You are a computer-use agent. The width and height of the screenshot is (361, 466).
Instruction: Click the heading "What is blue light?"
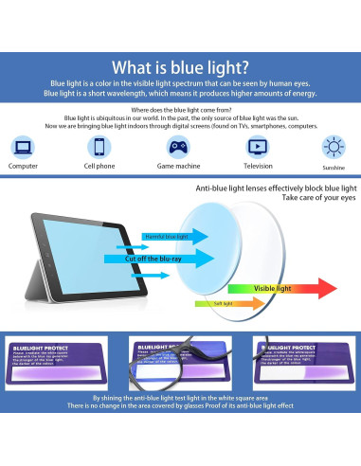pyautogui.click(x=180, y=68)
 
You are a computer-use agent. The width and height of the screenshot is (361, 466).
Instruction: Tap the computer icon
pyautogui.click(x=23, y=147)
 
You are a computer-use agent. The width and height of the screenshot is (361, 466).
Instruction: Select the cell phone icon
pyautogui.click(x=99, y=147)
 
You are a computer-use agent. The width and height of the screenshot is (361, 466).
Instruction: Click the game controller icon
pyautogui.click(x=176, y=147)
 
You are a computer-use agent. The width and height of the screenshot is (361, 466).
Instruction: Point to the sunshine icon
pyautogui.click(x=333, y=147)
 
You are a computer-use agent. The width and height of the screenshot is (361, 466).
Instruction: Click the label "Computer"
pyautogui.click(x=23, y=165)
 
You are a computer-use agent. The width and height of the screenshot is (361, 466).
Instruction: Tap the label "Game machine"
pyautogui.click(x=178, y=165)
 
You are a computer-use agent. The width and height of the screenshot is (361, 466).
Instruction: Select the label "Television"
pyautogui.click(x=259, y=165)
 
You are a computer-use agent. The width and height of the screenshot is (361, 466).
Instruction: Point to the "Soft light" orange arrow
pyautogui.click(x=218, y=303)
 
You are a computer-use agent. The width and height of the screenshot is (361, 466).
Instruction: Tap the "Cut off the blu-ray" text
pyautogui.click(x=156, y=257)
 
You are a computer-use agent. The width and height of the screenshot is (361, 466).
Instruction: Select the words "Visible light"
pyautogui.click(x=272, y=287)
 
